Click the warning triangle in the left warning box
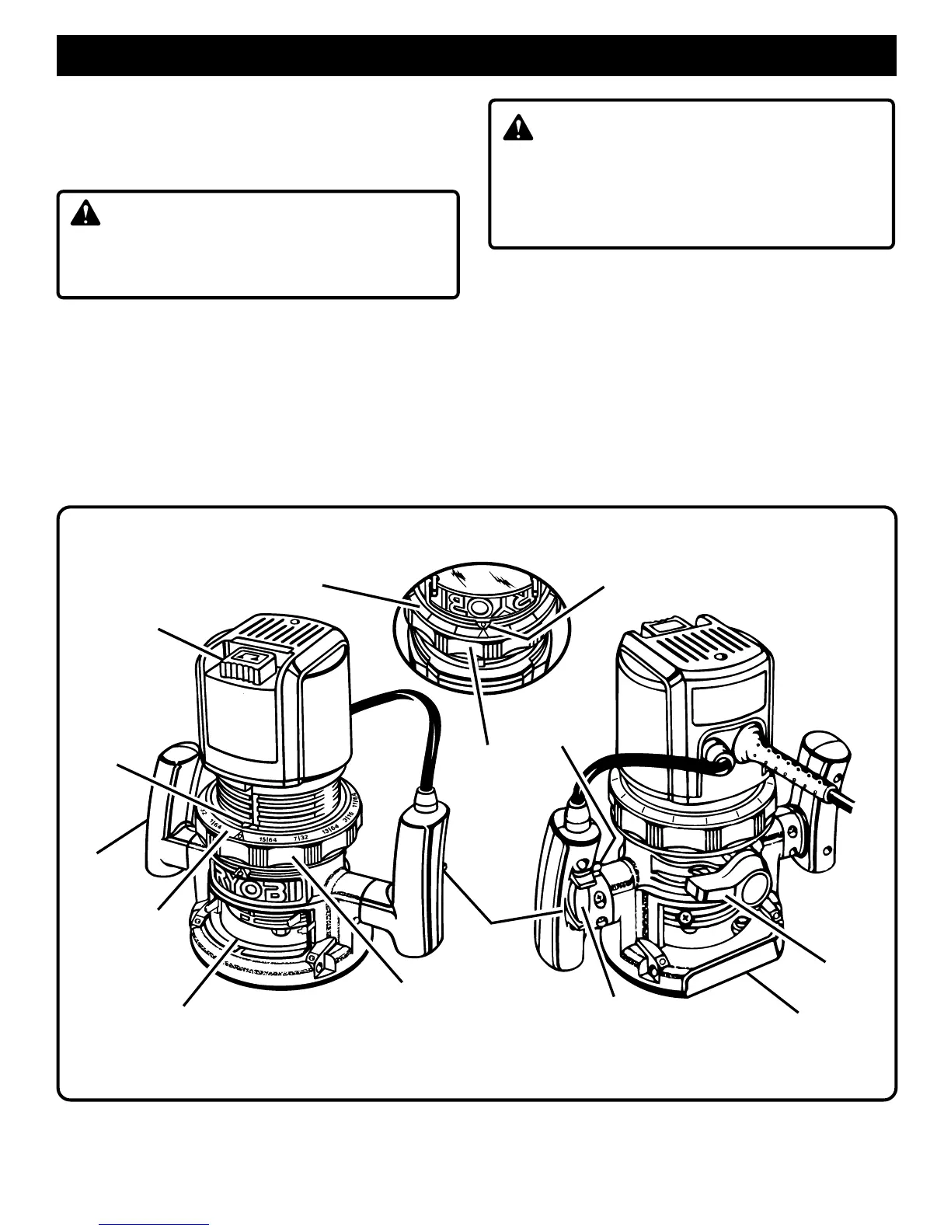click(85, 213)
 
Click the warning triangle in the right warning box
click(518, 127)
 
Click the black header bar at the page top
click(476, 55)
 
